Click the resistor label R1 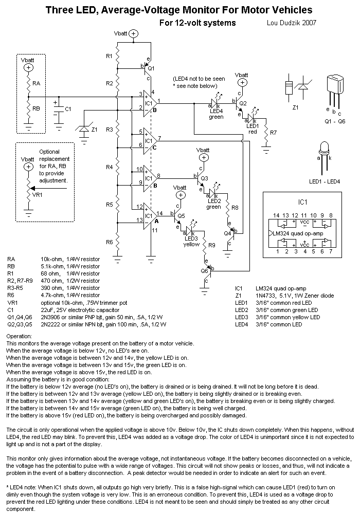click(109, 56)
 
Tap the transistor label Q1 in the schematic click(151, 68)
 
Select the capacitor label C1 click(68, 109)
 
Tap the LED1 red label click(253, 128)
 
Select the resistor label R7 click(273, 133)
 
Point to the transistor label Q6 click(204, 271)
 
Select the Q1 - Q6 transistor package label click(335, 121)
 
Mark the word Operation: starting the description click(19, 335)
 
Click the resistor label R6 click(109, 242)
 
